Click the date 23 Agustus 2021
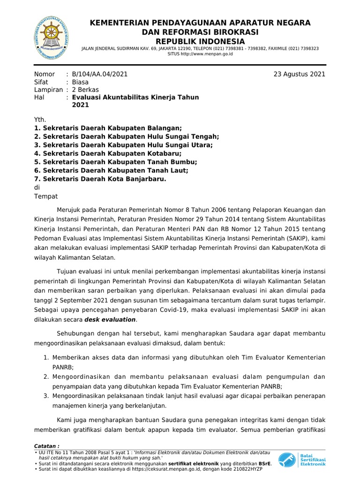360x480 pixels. tap(300, 74)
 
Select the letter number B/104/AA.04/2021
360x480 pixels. tap(99, 74)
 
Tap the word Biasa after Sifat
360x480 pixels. tap(80, 82)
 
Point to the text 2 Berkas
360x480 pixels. tap(85, 90)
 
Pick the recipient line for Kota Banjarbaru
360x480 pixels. tap(100, 179)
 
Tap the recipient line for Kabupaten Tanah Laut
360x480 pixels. tap(111, 171)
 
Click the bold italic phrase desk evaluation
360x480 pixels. tap(110, 320)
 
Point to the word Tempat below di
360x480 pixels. tap(46, 196)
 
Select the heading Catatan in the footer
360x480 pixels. tap(47, 446)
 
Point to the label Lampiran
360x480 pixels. tap(48, 90)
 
